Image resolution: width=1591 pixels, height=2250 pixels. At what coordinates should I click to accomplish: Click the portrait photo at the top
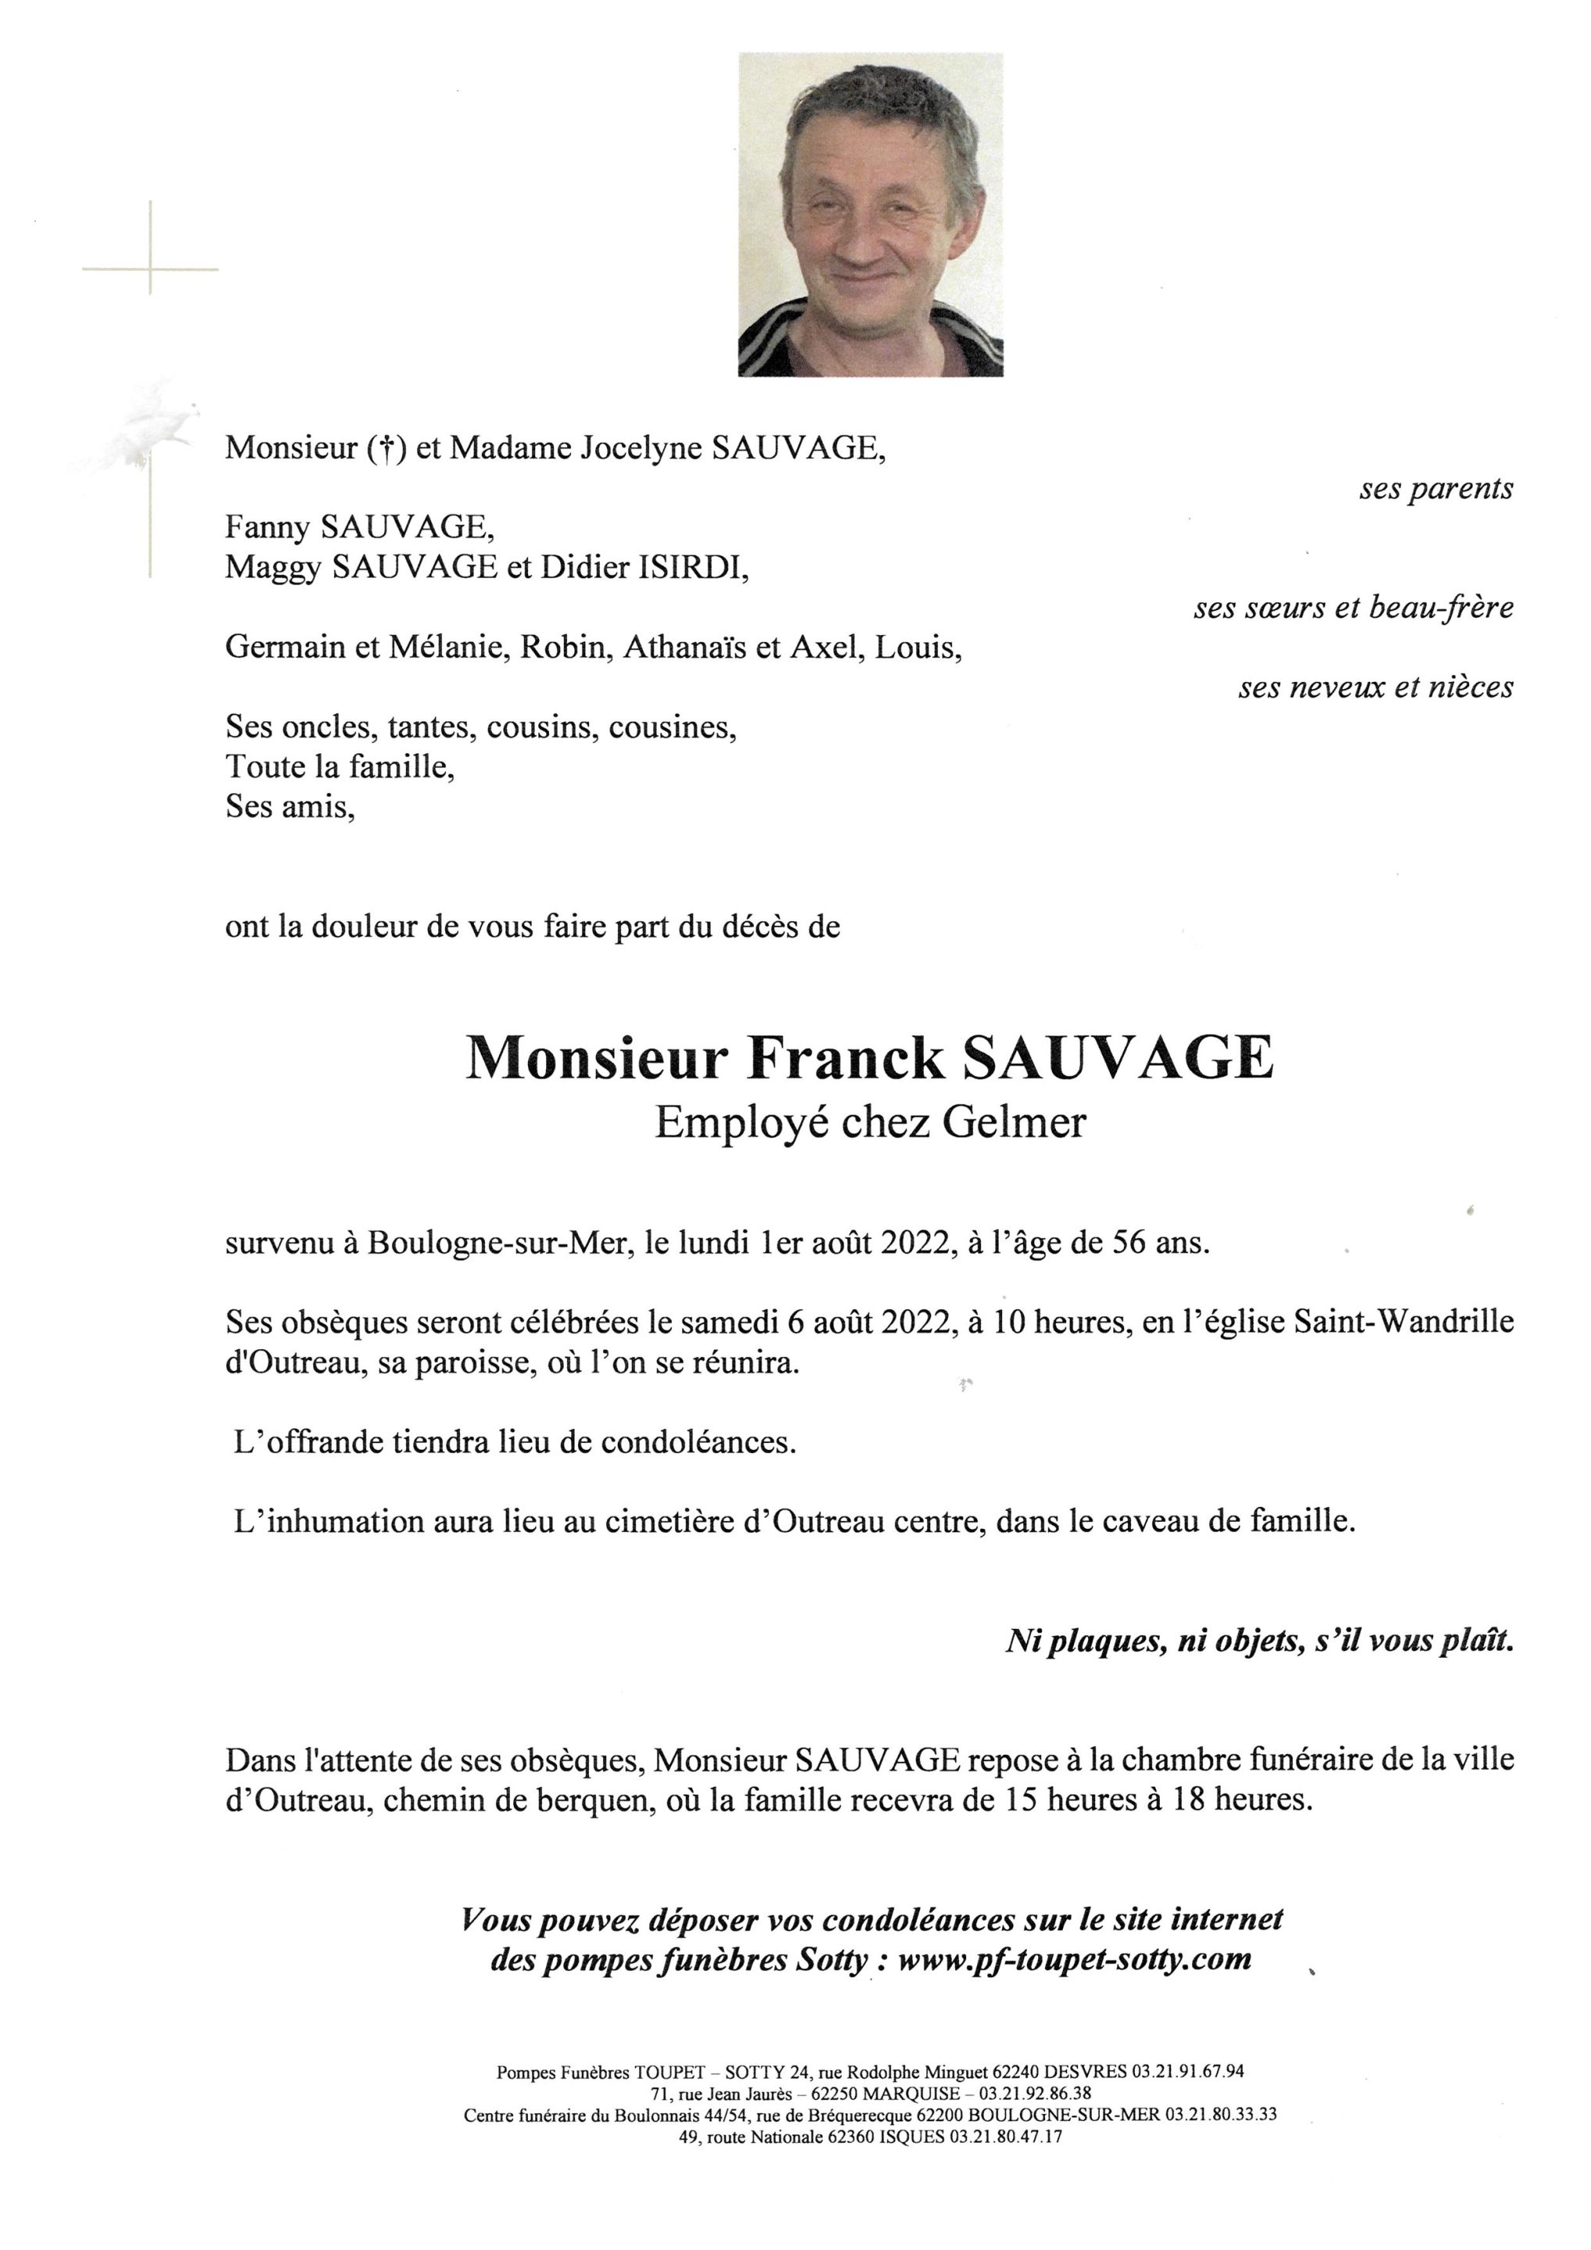[870, 215]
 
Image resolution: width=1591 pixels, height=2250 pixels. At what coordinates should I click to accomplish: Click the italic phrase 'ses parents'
[1436, 488]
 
